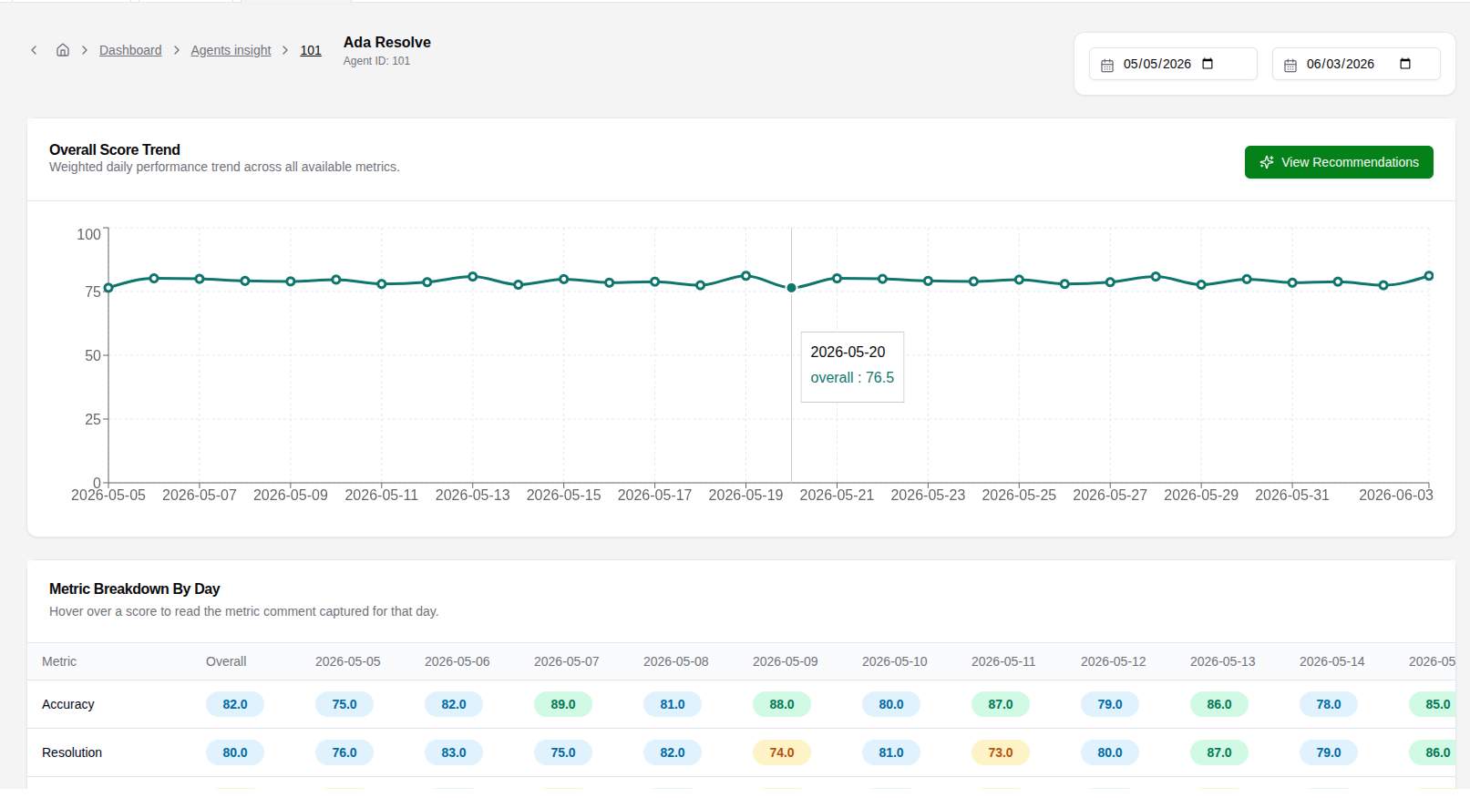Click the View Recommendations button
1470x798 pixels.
[x=1339, y=162]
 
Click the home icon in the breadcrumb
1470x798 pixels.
[x=62, y=50]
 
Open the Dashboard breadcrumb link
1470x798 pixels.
[x=130, y=50]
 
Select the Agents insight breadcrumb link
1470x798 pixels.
[x=231, y=50]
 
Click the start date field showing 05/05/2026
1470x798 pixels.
[x=1173, y=64]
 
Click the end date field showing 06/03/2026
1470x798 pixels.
[x=1356, y=64]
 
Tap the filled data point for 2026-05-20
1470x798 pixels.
[x=791, y=288]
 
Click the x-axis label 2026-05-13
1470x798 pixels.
[x=472, y=495]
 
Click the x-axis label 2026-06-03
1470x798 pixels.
[x=1395, y=495]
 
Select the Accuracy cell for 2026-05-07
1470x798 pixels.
[x=563, y=704]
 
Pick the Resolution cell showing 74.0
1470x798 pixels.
[x=782, y=752]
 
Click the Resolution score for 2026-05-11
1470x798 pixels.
[x=1000, y=752]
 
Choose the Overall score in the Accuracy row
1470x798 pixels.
[x=235, y=704]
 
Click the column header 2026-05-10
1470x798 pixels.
[x=894, y=661]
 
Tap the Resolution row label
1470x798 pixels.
[x=71, y=752]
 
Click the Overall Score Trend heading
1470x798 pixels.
[x=114, y=149]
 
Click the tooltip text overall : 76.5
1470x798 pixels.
[x=852, y=378]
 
